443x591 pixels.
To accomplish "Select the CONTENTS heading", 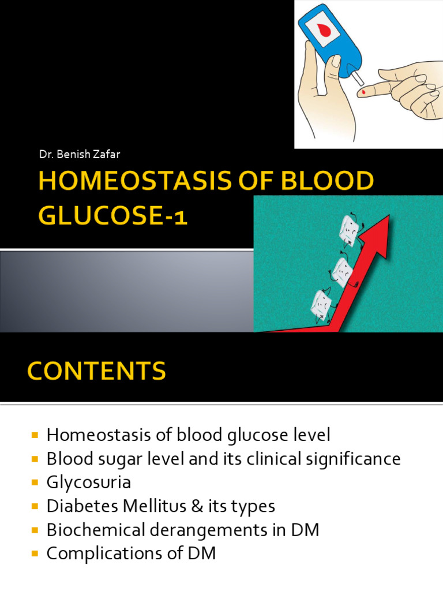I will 96,371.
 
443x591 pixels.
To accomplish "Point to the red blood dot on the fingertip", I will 362,91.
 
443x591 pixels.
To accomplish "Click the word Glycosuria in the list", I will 89,482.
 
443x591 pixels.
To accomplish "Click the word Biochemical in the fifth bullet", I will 93,530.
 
